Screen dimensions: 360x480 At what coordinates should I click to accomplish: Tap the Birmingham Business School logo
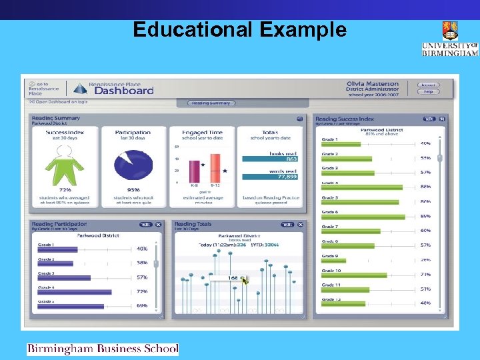pos(103,349)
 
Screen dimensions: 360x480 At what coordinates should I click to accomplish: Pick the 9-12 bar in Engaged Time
pos(215,167)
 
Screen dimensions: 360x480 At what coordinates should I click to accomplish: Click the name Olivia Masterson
pos(373,84)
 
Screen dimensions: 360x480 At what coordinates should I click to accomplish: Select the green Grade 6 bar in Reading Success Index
pos(363,217)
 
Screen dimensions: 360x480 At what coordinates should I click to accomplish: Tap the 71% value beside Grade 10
pos(425,275)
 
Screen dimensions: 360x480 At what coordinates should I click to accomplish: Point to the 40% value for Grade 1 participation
pos(142,249)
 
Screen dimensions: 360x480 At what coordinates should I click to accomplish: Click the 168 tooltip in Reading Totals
pos(233,278)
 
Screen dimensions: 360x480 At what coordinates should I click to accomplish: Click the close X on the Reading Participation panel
pos(159,225)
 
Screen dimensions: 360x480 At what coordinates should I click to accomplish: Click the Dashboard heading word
pos(124,91)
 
